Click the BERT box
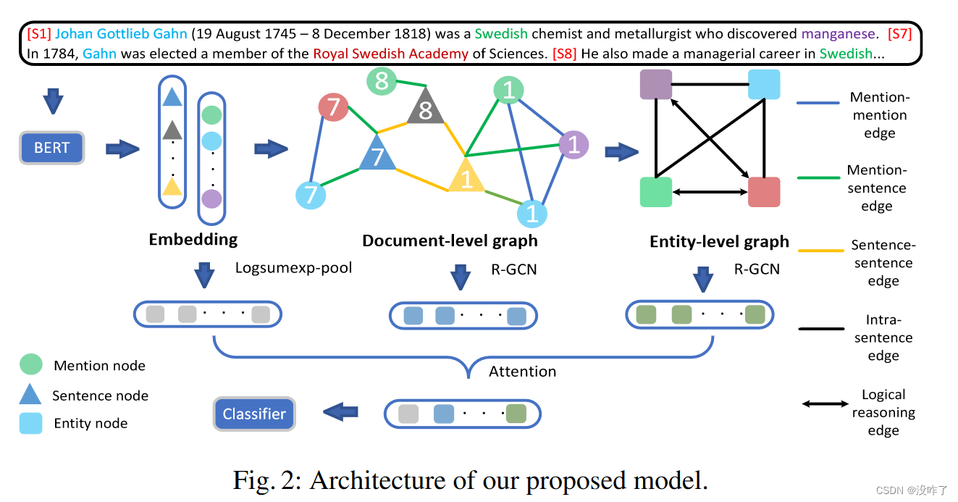coord(51,148)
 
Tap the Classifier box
coord(254,414)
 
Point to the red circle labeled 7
coord(334,107)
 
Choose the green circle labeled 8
coord(382,81)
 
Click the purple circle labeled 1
coord(573,146)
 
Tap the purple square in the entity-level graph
coord(656,85)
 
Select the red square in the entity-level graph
coord(764,192)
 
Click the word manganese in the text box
coord(838,33)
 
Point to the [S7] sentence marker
coord(899,33)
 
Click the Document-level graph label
coord(450,240)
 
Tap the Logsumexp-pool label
coord(293,268)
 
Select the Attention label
coord(522,371)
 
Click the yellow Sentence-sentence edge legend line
coord(821,251)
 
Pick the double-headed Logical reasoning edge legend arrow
coord(825,403)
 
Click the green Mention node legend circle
coord(31,364)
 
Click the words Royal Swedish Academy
coord(390,53)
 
